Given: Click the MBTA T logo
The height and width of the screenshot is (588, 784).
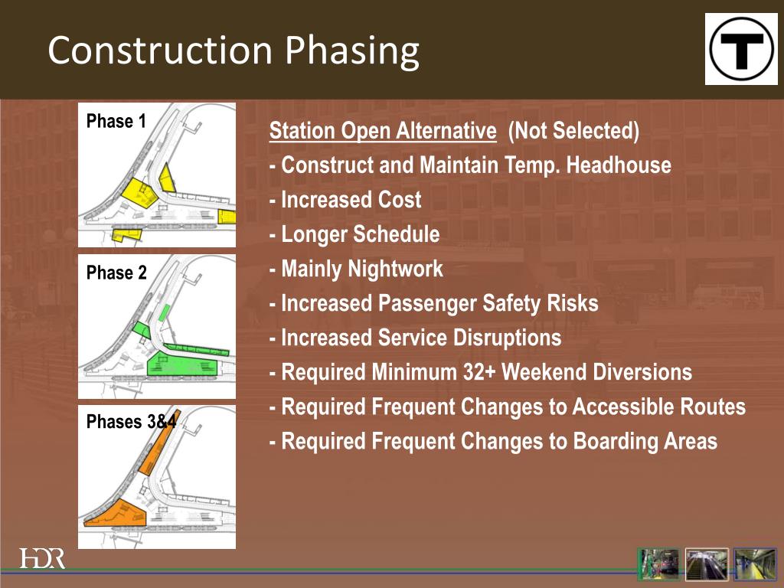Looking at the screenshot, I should coord(741,49).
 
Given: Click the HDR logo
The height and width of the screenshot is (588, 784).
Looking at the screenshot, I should coord(42,558).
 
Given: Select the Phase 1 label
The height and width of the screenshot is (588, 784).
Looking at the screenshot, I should coord(116,121).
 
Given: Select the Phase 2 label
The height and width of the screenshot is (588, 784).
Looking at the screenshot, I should coord(116,273).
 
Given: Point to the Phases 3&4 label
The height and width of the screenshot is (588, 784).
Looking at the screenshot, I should coord(131,422).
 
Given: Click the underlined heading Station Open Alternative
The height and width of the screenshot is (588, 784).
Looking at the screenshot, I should coord(382,131).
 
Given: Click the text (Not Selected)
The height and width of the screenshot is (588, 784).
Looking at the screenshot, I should coord(573,131).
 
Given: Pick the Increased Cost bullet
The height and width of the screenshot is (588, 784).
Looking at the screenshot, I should coord(345,200).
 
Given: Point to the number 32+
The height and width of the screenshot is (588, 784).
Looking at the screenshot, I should coord(478,373).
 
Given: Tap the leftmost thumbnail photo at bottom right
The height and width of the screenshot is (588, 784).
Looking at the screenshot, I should coord(658,564).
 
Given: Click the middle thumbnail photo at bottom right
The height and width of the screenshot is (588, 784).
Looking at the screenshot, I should coord(707,564).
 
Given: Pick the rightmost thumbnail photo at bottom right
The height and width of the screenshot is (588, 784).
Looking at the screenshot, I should coord(755,564).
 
